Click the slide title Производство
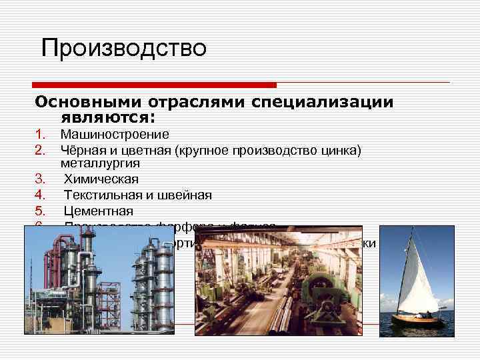coord(123,48)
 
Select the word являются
coord(106,117)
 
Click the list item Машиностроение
coord(115,135)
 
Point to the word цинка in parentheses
coord(338,149)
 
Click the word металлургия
coord(100,163)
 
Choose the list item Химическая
coord(101,179)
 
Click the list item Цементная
coord(99,211)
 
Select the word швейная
coord(189,195)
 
